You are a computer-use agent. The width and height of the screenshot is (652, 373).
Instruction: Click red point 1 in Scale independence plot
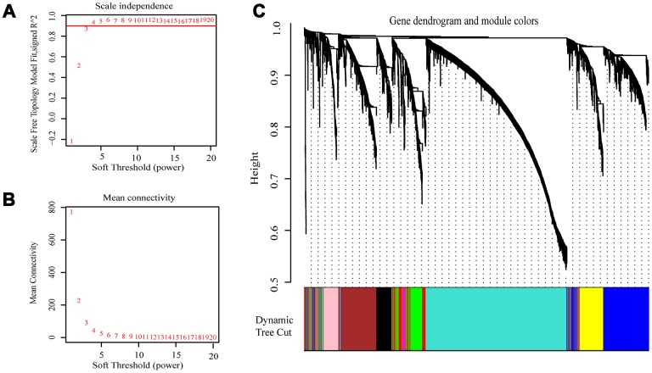click(x=71, y=142)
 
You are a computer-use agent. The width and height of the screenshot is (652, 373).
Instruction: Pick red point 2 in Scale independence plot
click(x=79, y=66)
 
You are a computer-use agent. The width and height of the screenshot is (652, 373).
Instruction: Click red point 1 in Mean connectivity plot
click(x=71, y=212)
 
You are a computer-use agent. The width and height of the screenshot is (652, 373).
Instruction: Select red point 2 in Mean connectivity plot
click(x=79, y=301)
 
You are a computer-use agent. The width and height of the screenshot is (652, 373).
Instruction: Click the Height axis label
click(x=265, y=159)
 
